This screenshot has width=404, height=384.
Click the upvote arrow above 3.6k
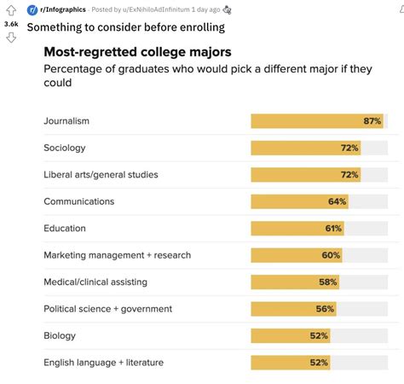click(x=11, y=10)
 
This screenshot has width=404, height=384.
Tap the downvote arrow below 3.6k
click(x=11, y=38)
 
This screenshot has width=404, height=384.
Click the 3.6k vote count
click(x=11, y=24)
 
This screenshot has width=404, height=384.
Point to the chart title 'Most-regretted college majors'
click(x=136, y=51)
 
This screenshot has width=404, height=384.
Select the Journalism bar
click(x=316, y=121)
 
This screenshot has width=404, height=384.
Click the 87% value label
click(x=372, y=121)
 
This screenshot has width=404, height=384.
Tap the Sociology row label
click(x=65, y=148)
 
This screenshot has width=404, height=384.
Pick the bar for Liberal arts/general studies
click(x=305, y=175)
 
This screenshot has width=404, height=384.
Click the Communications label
click(x=79, y=201)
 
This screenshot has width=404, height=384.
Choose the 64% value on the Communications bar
click(x=337, y=201)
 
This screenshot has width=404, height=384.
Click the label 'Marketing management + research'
click(x=118, y=255)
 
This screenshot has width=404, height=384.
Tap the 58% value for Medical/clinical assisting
click(x=327, y=282)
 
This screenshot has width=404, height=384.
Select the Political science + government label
click(x=108, y=309)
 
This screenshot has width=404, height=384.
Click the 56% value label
click(x=324, y=309)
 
